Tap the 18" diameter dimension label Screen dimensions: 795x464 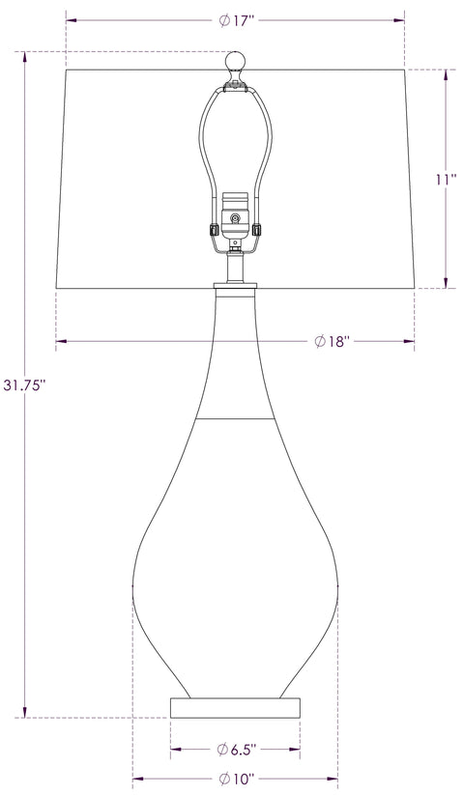pyautogui.click(x=331, y=341)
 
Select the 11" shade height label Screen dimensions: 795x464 pyautogui.click(x=445, y=178)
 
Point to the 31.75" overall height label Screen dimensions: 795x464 pyautogui.click(x=24, y=384)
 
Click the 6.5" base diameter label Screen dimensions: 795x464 pyautogui.click(x=238, y=749)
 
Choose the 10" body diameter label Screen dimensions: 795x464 pyautogui.click(x=238, y=779)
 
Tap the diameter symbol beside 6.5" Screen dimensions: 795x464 pyautogui.click(x=221, y=749)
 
